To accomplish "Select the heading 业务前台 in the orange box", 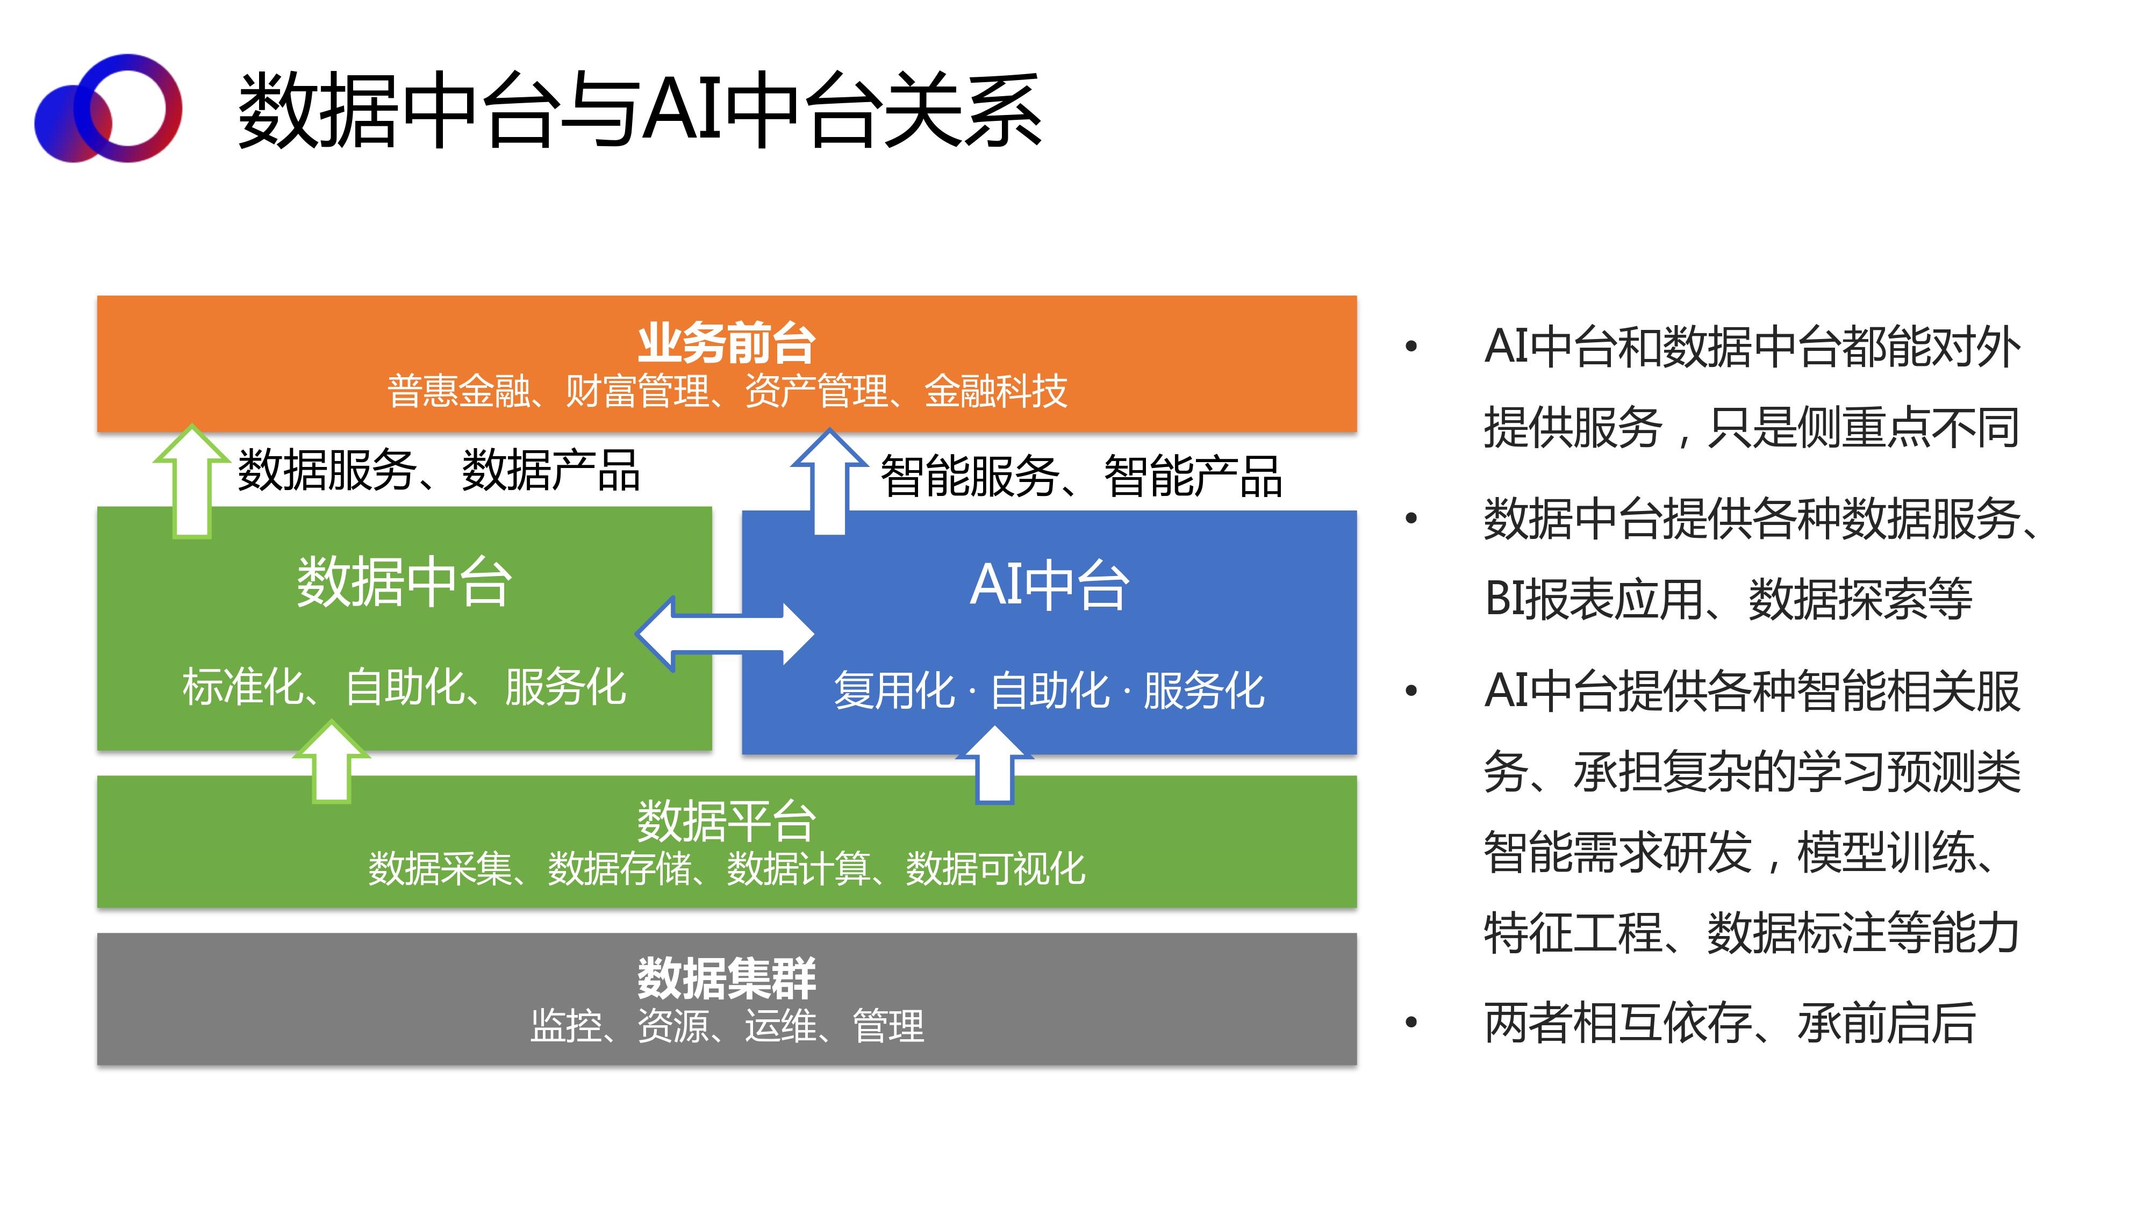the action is (x=726, y=343).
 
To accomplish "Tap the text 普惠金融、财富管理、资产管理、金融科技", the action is (x=726, y=391).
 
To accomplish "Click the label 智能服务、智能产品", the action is (x=1081, y=477).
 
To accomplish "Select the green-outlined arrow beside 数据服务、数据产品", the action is (x=192, y=481).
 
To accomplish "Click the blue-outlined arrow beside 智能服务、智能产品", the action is (x=829, y=483).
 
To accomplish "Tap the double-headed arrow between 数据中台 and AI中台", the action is (x=725, y=634).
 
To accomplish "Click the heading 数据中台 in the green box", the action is (x=404, y=581).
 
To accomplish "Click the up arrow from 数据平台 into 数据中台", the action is (x=331, y=762).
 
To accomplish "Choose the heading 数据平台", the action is (x=726, y=820).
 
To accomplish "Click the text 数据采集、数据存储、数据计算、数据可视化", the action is (x=726, y=868).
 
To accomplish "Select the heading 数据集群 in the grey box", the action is (x=726, y=978).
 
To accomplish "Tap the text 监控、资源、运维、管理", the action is (x=726, y=1025).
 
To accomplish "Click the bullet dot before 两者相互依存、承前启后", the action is (x=1411, y=1023).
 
